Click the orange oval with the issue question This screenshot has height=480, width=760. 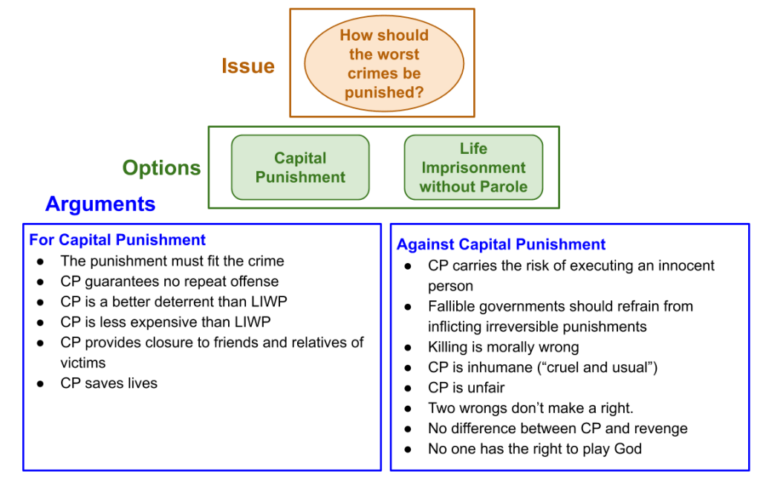pos(383,63)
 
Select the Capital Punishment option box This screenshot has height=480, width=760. pos(300,167)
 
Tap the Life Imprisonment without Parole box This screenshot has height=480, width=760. pos(473,168)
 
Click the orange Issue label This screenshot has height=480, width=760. pos(248,66)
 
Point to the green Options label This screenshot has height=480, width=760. pos(161,168)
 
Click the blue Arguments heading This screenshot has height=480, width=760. pos(100,204)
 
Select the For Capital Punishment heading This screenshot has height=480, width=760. pos(117,240)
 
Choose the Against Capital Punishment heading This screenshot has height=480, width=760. pos(501,244)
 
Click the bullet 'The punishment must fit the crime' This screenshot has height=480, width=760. pos(172,261)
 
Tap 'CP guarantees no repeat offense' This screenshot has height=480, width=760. pos(169,282)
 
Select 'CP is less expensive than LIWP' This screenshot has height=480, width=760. pos(166,322)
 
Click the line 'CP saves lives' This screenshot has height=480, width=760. pos(108,383)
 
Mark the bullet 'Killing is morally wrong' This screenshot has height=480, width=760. pos(503,347)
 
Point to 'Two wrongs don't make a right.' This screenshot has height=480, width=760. pos(530,408)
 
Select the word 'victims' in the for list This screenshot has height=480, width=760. pos(82,363)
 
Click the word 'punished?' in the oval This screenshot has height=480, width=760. pos(383,94)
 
